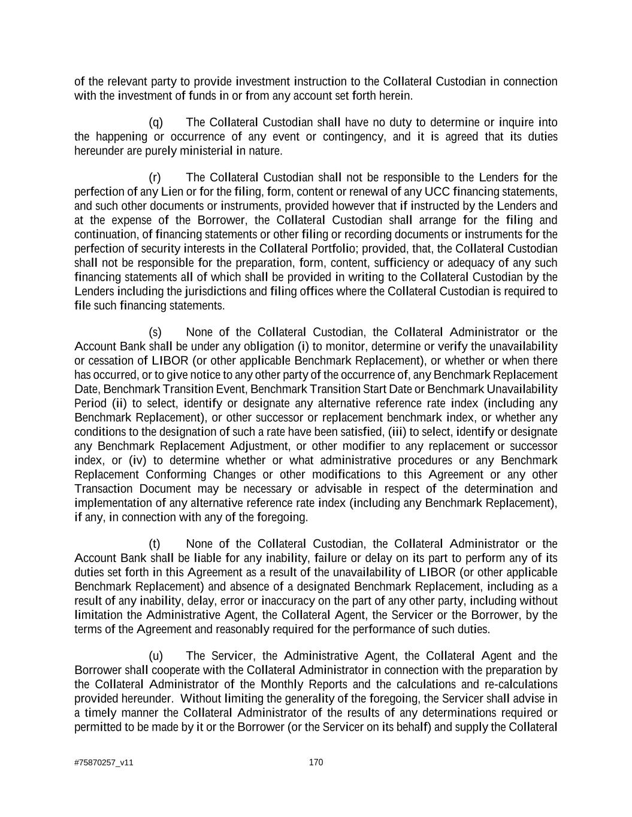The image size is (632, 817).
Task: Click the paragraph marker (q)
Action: (156, 123)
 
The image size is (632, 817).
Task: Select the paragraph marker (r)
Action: (155, 177)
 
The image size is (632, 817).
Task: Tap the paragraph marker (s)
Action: (155, 332)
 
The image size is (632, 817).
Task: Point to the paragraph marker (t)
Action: (155, 543)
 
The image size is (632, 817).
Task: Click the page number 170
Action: (316, 762)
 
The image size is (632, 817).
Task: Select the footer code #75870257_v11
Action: (104, 763)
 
